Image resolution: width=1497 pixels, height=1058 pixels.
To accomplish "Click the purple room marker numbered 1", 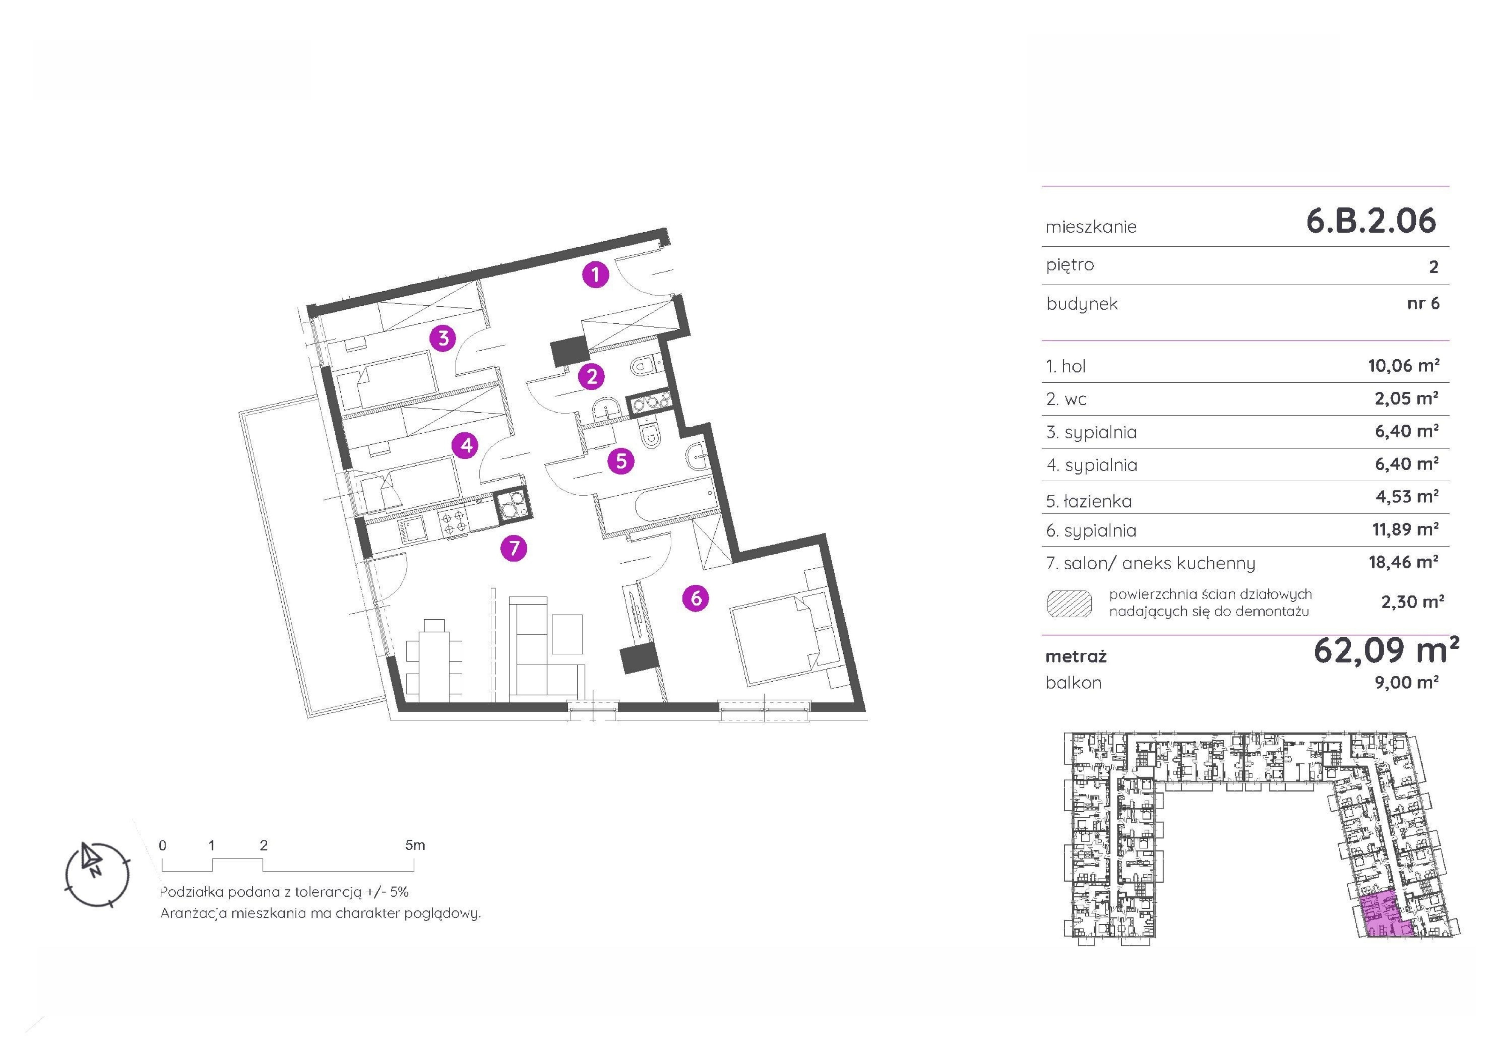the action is [595, 274].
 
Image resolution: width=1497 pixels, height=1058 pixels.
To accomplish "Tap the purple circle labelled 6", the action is [696, 598].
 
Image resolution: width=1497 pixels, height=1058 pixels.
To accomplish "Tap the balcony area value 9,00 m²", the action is [1406, 683].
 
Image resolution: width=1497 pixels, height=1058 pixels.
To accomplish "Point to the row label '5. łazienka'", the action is [1089, 501].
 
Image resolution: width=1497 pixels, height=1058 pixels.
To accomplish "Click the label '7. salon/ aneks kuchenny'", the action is [1150, 563].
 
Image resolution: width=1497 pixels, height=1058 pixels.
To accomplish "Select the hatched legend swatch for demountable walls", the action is [1069, 604].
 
